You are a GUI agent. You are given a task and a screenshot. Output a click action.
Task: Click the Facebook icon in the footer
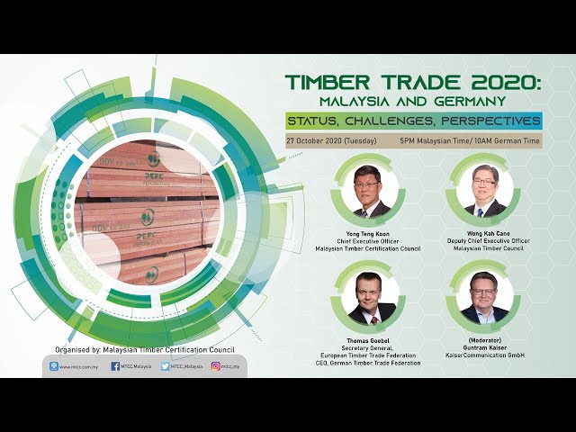pyautogui.click(x=115, y=366)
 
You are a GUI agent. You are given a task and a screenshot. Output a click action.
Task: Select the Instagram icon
pyautogui.click(x=216, y=366)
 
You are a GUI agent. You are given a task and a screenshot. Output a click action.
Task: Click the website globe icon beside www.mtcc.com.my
pyautogui.click(x=54, y=366)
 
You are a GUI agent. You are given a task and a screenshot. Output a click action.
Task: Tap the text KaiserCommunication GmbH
pyautogui.click(x=484, y=355)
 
